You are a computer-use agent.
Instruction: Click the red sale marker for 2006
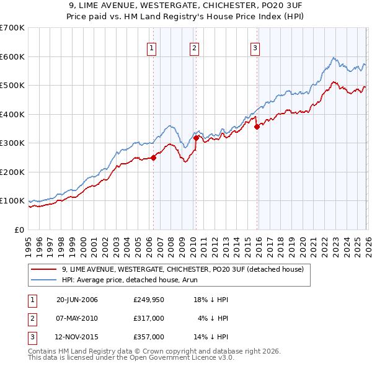pyautogui.click(x=153, y=158)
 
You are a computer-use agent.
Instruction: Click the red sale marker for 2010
pyautogui.click(x=196, y=138)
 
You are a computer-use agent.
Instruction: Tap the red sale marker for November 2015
pyautogui.click(x=257, y=127)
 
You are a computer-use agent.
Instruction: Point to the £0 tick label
pyautogui.click(x=19, y=230)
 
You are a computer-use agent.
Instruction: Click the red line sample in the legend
pyautogui.click(x=45, y=270)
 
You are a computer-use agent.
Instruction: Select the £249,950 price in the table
pyautogui.click(x=149, y=300)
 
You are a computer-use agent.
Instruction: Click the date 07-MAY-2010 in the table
pyautogui.click(x=77, y=318)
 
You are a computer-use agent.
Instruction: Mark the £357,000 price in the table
pyautogui.click(x=149, y=337)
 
